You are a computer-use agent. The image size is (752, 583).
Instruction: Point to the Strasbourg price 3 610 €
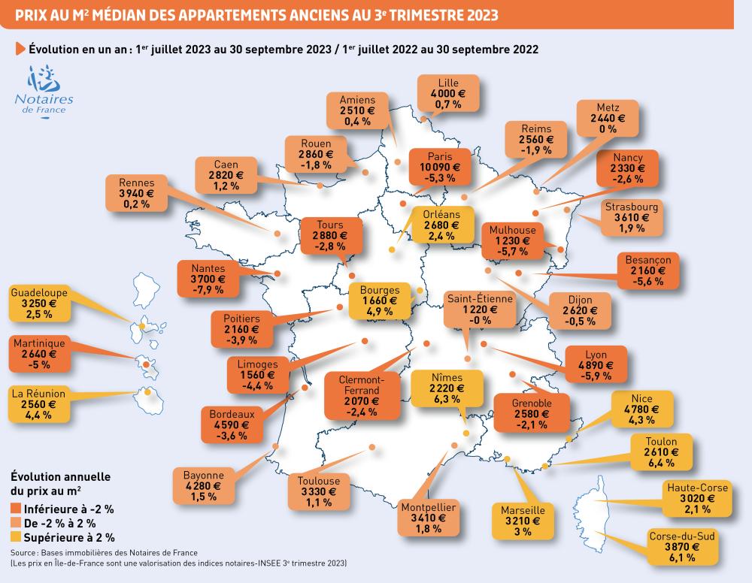coord(631,218)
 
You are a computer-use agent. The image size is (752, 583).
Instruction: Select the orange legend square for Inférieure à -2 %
coord(16,509)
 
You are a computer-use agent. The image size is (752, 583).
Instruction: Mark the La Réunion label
coord(39,393)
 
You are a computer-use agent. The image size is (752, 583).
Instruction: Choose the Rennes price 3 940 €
coord(136,193)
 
